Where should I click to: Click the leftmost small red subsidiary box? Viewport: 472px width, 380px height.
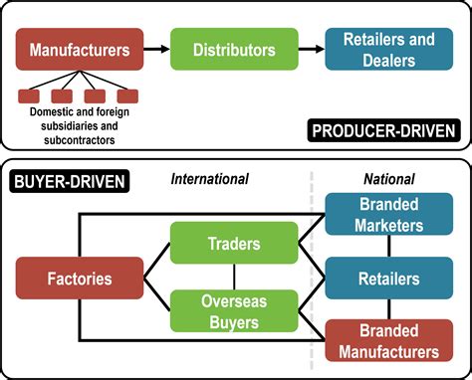coord(29,96)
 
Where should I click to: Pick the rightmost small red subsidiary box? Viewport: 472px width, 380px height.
coord(126,96)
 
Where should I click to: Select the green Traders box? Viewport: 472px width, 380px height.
coord(235,243)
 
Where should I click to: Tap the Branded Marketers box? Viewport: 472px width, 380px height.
coord(387,215)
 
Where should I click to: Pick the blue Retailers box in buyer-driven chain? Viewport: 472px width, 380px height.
coord(387,280)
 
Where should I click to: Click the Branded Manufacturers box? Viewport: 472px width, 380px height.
coord(387,340)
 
